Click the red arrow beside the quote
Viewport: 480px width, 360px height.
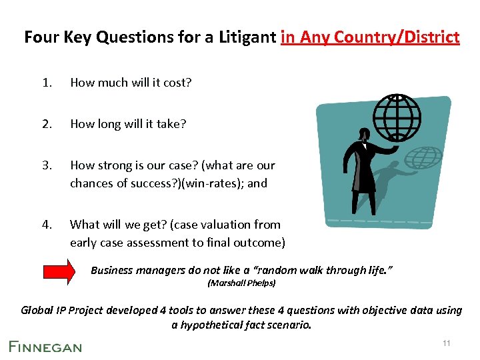tap(62, 271)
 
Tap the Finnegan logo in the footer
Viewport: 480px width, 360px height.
tap(45, 346)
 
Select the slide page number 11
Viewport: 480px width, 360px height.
tap(446, 343)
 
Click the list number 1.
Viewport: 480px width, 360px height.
tap(46, 83)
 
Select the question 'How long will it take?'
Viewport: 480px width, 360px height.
tap(128, 123)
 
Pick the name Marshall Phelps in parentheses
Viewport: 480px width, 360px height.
tap(241, 283)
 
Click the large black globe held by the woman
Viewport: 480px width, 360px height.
tap(398, 114)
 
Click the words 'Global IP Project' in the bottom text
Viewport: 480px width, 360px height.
tap(64, 310)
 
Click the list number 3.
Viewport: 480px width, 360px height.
tap(46, 165)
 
